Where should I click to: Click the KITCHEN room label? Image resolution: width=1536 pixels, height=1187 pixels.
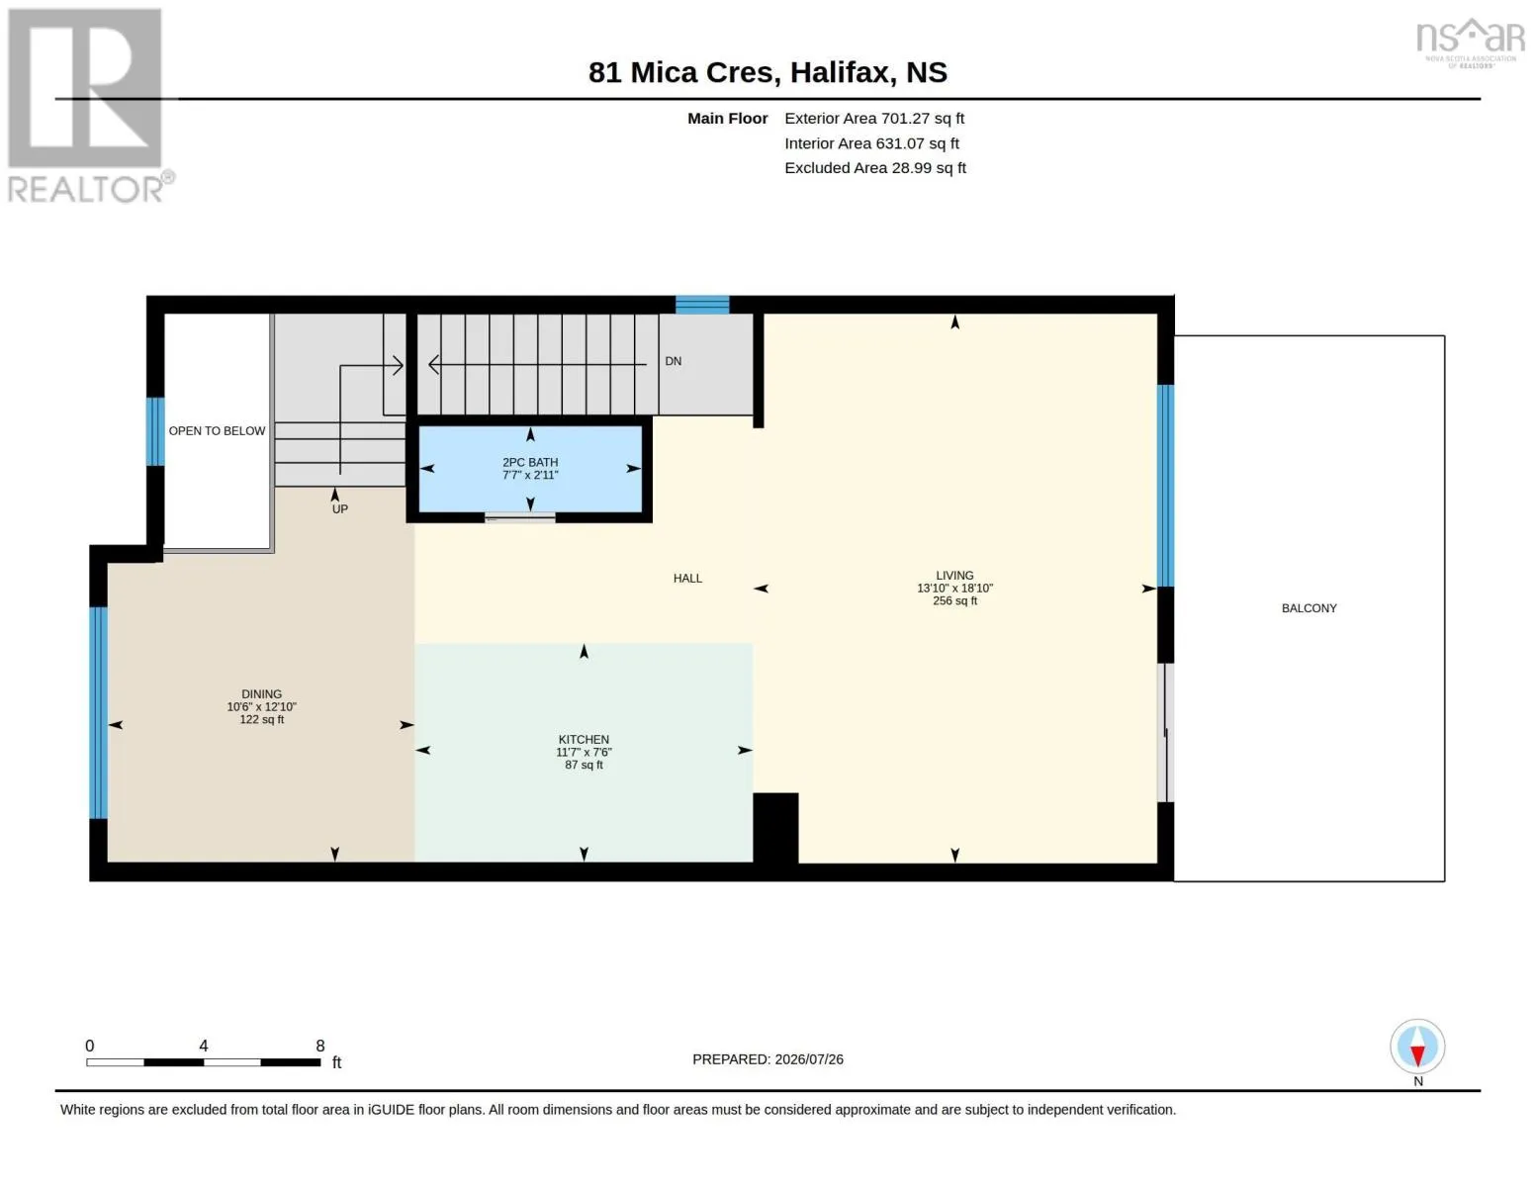click(584, 739)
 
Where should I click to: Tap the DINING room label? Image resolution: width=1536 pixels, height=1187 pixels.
click(261, 693)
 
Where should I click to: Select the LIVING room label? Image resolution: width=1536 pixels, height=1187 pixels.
click(954, 575)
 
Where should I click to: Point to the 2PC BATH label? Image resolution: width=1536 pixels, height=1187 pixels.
click(530, 462)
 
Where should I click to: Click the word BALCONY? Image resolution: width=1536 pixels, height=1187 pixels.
click(1309, 608)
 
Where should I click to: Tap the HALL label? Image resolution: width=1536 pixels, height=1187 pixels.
click(687, 579)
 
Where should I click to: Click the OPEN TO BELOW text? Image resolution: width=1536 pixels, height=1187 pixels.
click(217, 430)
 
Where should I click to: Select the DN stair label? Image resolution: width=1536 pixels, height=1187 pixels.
click(673, 361)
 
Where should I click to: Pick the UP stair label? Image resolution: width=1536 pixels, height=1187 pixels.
click(339, 509)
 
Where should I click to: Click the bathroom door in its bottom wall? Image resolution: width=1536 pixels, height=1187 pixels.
click(519, 518)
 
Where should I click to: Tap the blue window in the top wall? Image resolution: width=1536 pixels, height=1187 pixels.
click(701, 304)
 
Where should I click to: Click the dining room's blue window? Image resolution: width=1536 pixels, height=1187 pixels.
click(98, 712)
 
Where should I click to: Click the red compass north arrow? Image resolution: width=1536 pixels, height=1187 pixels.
click(1416, 1055)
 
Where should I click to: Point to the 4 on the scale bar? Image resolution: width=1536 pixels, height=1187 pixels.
click(203, 1046)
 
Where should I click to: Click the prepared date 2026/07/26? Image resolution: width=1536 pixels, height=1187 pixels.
click(809, 1059)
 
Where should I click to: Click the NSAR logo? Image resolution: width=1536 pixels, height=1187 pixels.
click(1470, 42)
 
